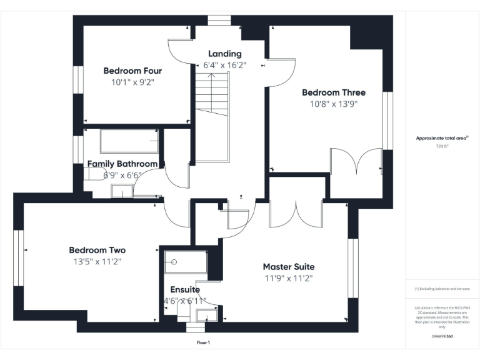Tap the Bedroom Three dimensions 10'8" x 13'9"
333,104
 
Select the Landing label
225,54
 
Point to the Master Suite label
288,266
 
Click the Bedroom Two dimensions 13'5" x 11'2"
97,262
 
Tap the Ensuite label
185,290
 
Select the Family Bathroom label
122,164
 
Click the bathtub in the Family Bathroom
129,141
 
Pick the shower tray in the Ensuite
184,262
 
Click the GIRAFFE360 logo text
442,336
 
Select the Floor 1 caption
203,342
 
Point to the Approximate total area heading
442,138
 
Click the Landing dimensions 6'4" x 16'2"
225,65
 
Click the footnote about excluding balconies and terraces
442,289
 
